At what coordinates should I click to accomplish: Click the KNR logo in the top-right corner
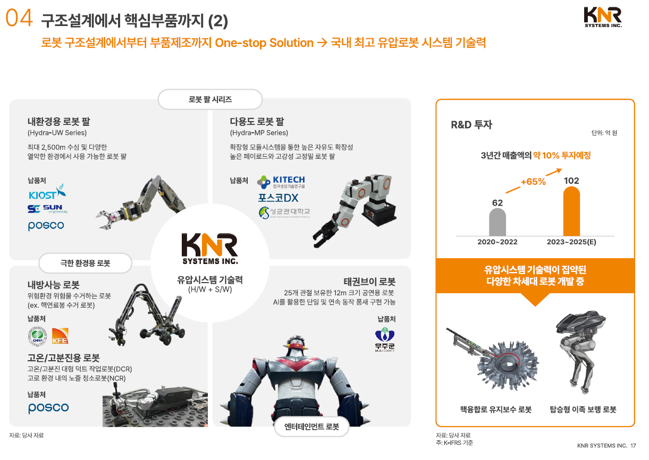coord(603,16)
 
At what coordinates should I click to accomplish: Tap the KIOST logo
coord(47,192)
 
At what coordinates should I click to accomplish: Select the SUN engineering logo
coord(47,209)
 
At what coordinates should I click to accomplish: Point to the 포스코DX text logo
coord(278,198)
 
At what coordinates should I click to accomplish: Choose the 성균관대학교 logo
coord(284,213)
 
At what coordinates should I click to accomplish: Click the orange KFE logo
coord(60,336)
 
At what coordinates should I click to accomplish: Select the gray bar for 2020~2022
coord(498,222)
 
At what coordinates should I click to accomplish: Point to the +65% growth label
coord(533,182)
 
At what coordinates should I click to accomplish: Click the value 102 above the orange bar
coord(571,181)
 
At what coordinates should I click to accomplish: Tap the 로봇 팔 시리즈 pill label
coord(210,99)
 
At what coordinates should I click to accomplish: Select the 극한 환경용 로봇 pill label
coord(78,263)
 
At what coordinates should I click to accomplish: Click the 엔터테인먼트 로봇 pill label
coord(311,427)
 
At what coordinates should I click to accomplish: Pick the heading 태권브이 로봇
coord(369,282)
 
